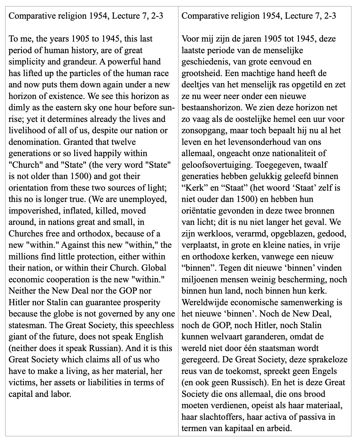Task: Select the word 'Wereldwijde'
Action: pyautogui.click(x=203, y=302)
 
